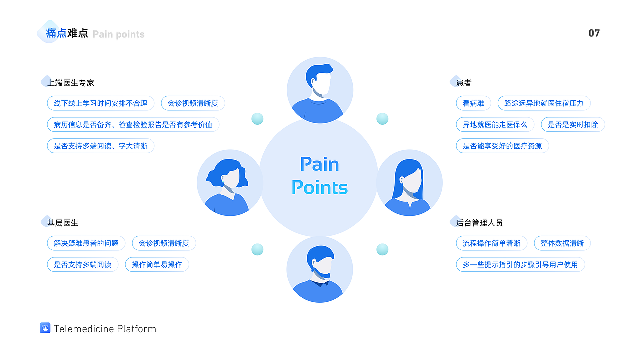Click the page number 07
click(594, 33)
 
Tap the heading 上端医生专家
click(70, 83)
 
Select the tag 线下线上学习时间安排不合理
click(101, 103)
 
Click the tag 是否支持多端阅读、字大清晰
click(101, 146)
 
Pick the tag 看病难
click(473, 103)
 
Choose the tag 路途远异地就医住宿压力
click(544, 103)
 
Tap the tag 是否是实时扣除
click(573, 124)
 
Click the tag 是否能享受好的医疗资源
click(502, 146)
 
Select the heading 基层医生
click(63, 223)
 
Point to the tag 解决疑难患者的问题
click(86, 243)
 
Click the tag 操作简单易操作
click(157, 264)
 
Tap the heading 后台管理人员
click(479, 223)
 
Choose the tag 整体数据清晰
click(562, 243)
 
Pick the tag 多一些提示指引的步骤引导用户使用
click(520, 264)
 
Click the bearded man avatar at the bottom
click(320, 270)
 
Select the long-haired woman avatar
click(409, 183)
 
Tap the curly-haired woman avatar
click(230, 183)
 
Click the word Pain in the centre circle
click(319, 164)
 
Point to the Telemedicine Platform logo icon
click(45, 328)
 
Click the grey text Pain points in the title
click(119, 34)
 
